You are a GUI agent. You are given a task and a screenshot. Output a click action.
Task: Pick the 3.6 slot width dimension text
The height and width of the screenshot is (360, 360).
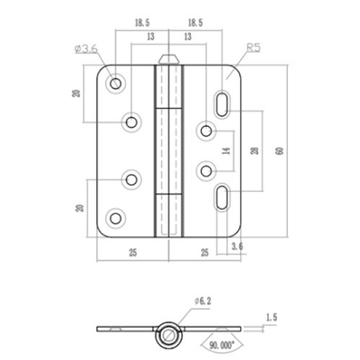[x=237, y=245]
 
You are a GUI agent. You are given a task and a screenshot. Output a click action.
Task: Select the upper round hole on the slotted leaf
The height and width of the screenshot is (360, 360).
[x=205, y=133]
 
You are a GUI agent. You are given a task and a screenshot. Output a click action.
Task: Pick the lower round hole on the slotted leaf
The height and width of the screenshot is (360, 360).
[x=205, y=166]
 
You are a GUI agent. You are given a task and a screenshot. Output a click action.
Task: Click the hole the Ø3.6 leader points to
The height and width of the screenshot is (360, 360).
[x=115, y=83]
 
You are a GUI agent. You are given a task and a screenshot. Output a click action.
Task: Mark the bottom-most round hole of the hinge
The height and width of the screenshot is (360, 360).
[x=115, y=216]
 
